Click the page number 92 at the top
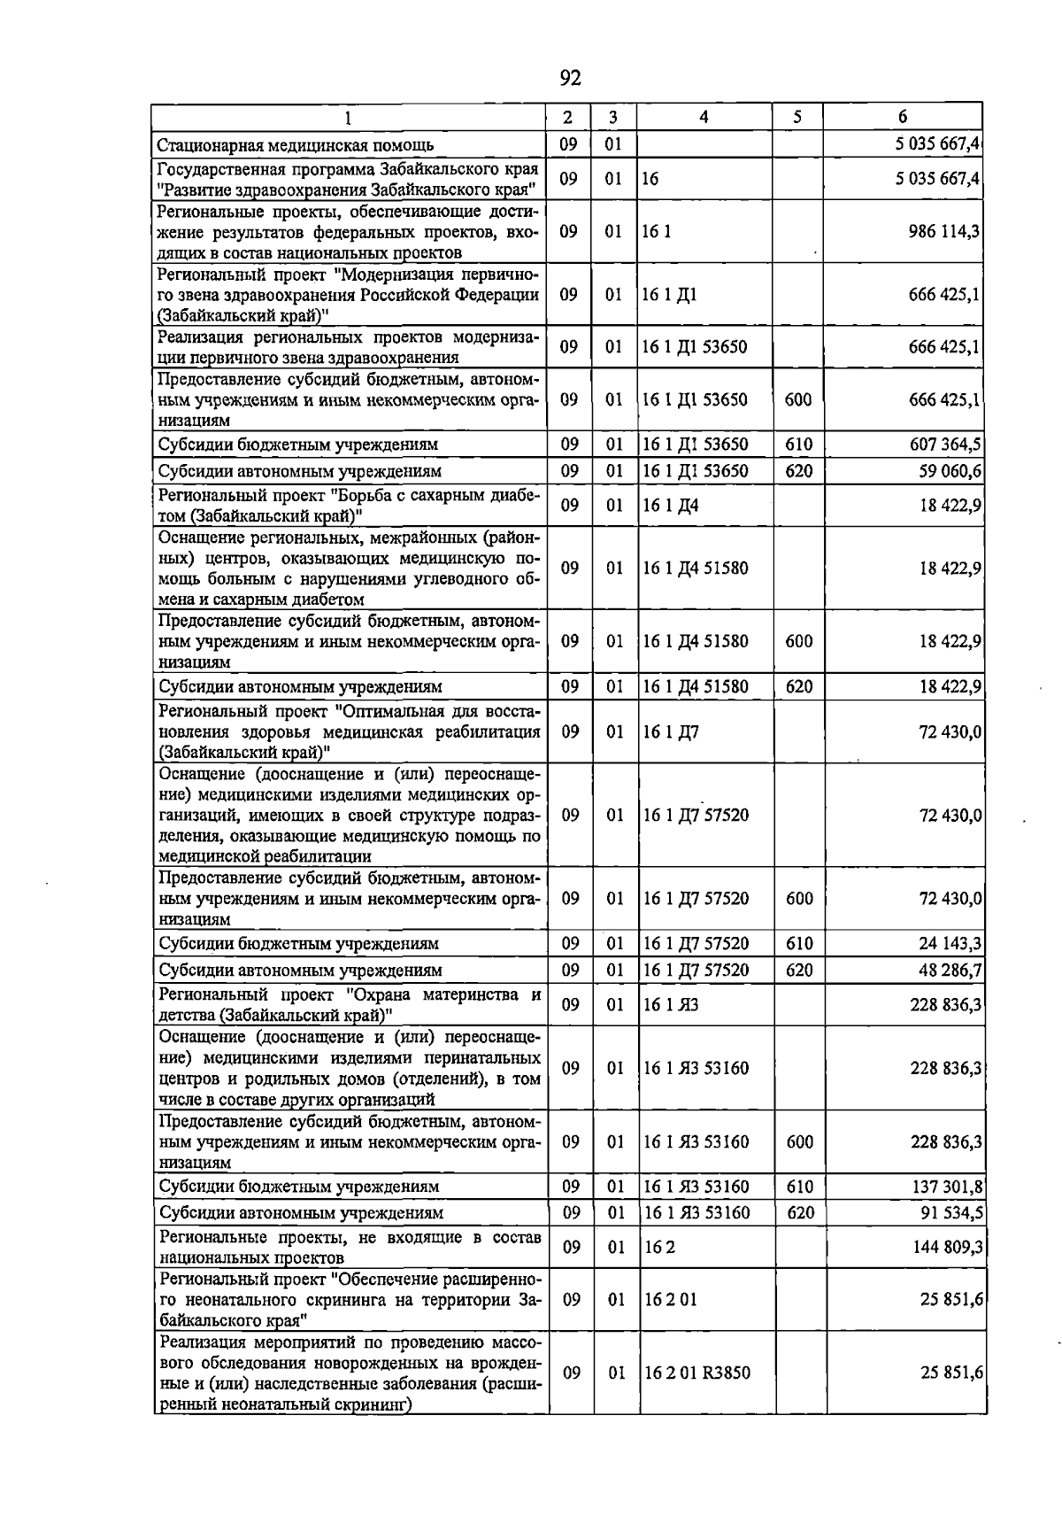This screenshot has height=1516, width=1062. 571,79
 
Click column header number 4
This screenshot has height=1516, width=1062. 704,117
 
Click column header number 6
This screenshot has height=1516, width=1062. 902,117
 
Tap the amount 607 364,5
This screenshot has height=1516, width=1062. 945,445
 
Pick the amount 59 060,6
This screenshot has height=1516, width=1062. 950,471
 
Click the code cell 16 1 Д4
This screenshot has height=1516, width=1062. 671,506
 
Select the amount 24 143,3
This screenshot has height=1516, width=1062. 950,944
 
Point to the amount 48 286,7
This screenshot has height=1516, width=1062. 950,971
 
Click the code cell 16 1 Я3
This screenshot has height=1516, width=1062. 671,1004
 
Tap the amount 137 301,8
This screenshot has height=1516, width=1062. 945,1187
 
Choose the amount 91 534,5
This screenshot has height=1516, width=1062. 950,1213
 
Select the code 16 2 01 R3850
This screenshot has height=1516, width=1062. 697,1373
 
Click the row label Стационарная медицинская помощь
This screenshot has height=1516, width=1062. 296,145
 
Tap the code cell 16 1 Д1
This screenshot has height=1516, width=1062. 670,295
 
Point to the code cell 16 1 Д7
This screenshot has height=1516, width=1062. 671,732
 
